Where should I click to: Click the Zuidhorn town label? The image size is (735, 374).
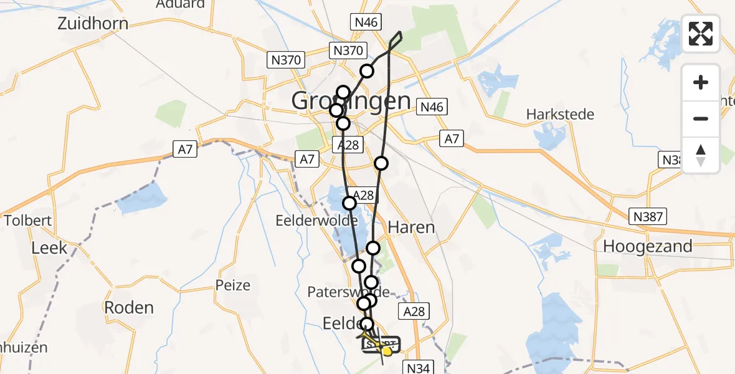pos(93,24)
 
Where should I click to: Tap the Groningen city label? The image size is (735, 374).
pos(351,101)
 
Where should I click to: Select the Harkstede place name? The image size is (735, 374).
pos(560,115)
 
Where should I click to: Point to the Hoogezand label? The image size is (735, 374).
pos(647,246)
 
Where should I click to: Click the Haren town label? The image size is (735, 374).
pos(411,227)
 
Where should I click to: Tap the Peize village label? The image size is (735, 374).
pos(232,285)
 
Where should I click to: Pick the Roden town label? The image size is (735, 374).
pos(128,307)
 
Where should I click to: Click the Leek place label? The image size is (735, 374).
pos(49,247)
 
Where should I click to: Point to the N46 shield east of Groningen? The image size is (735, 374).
pos(431,107)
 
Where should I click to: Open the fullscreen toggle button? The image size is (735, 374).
pos(701,34)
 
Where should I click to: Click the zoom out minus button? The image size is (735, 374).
pos(701,118)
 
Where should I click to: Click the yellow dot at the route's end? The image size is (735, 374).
pos(387,351)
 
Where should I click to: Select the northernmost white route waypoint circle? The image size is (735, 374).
pos(366,71)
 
